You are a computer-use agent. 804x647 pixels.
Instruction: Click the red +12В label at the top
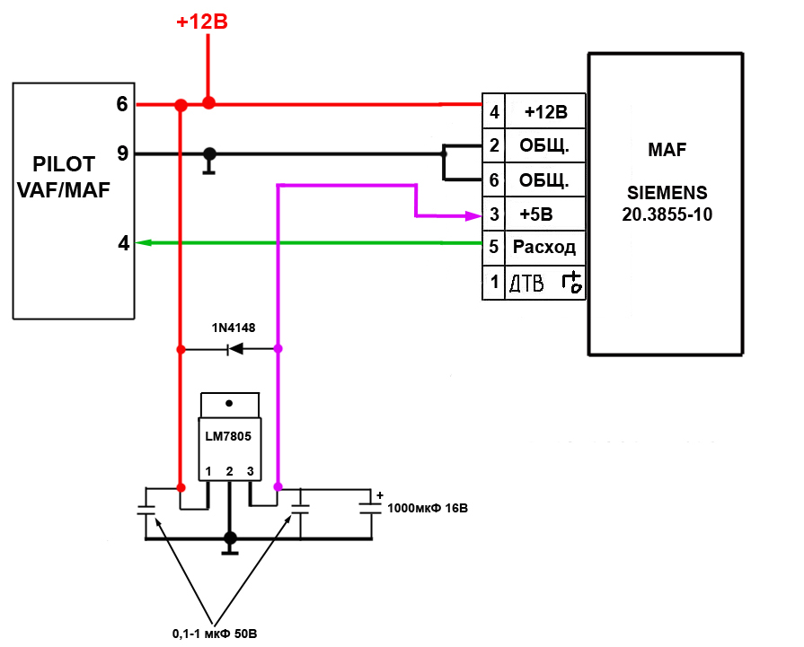click(x=202, y=22)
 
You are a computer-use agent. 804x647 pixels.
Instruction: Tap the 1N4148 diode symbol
click(x=235, y=349)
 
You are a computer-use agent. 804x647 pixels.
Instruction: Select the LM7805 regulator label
click(x=228, y=436)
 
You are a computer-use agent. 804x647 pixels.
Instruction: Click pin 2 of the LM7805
click(x=229, y=471)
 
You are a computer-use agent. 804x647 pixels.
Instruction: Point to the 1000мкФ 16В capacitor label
click(x=428, y=508)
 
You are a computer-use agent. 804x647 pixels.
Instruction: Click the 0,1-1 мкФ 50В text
click(x=215, y=634)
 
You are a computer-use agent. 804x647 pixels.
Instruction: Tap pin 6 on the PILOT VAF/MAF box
click(x=122, y=104)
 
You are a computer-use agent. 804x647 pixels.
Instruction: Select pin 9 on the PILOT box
click(x=122, y=153)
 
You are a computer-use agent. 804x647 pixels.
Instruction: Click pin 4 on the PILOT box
click(x=124, y=243)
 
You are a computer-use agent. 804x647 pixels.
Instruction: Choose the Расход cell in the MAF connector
click(x=545, y=248)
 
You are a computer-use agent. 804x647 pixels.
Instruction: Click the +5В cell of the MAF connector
click(x=545, y=214)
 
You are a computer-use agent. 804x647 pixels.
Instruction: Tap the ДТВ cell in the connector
click(x=545, y=283)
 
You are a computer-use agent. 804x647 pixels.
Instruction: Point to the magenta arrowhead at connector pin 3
click(x=473, y=215)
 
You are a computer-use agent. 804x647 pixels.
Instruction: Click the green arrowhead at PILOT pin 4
click(x=144, y=242)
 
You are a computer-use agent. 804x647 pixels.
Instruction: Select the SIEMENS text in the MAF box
click(x=667, y=193)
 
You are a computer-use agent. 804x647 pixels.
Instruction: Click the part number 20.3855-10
click(x=667, y=214)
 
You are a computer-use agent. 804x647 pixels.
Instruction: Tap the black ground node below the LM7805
click(x=230, y=538)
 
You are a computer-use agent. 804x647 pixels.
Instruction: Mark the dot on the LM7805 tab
click(x=229, y=403)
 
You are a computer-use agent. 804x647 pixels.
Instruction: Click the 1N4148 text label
click(x=234, y=328)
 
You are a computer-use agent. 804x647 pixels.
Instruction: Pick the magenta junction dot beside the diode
click(x=278, y=349)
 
